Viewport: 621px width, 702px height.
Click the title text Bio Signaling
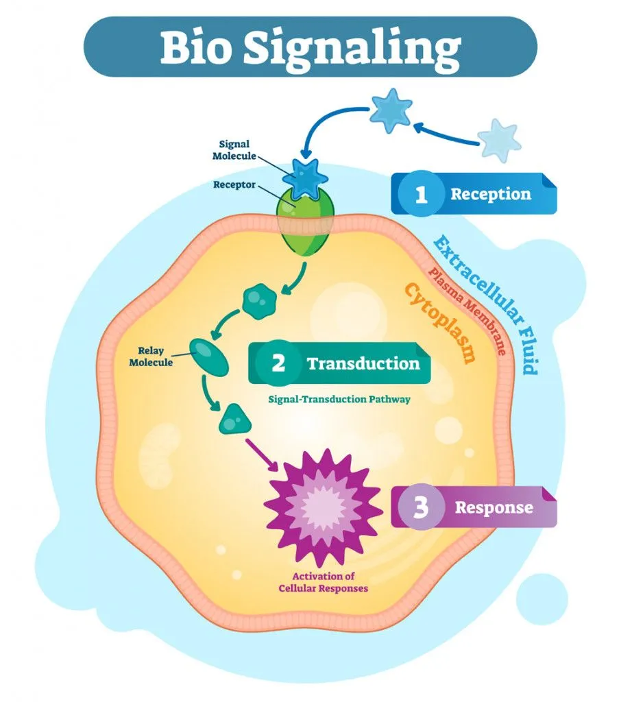310,46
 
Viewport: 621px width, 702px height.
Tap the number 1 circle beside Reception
421,194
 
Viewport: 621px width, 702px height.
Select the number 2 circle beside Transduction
278,363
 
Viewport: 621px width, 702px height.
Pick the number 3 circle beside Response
421,508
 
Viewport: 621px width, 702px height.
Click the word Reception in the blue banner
490,194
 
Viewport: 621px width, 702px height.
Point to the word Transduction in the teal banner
363,363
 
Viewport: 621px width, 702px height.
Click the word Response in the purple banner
494,508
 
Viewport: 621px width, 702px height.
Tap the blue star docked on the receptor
303,175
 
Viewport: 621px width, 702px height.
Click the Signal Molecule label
234,150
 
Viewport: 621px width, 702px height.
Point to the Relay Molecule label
151,356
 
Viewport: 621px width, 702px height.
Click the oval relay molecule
209,354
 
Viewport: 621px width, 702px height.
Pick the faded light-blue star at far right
498,141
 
